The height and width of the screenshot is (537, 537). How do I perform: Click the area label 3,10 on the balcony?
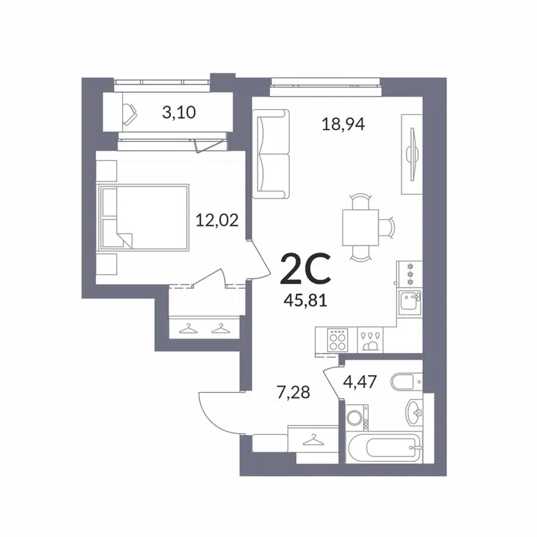point(179,112)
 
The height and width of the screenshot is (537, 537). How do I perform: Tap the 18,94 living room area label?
point(342,124)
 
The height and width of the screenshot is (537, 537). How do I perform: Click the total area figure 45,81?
point(305,300)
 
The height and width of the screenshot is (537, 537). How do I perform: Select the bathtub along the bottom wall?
point(385,445)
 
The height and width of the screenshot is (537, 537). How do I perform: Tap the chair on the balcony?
point(128,112)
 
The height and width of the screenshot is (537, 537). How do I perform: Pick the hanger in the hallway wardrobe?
point(311,440)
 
